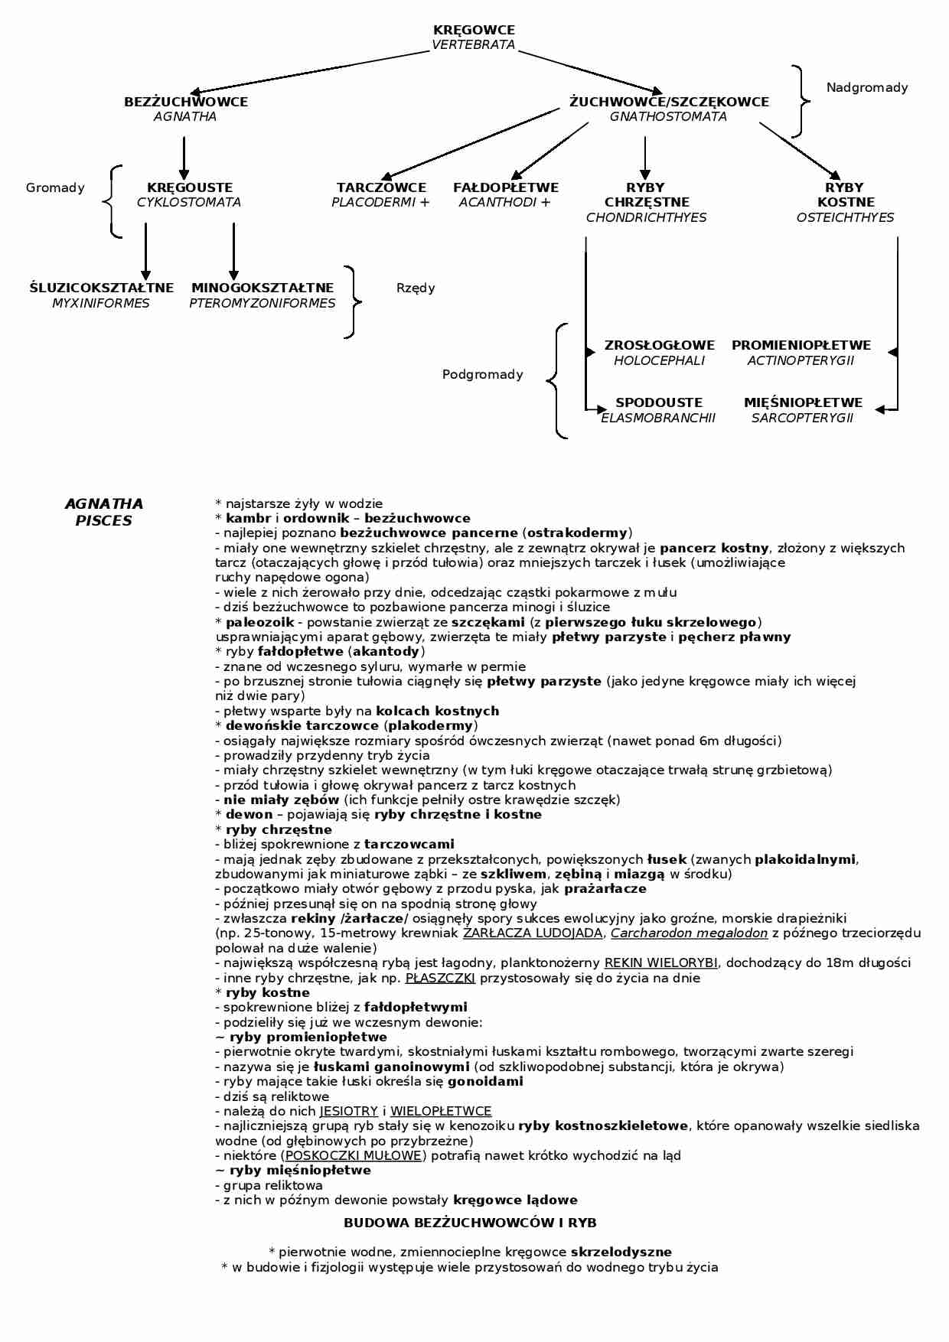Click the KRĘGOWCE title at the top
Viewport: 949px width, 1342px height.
coord(474,30)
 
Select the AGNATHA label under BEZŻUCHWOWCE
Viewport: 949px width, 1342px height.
coord(185,117)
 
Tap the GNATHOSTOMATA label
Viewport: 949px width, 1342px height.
coord(668,117)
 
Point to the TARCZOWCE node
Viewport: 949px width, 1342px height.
coord(381,187)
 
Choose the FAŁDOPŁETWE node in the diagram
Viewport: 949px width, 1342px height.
coord(506,187)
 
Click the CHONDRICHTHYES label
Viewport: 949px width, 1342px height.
coord(646,218)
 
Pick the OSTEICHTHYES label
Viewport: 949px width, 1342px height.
coord(845,218)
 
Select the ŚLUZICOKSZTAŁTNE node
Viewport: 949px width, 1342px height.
coord(102,288)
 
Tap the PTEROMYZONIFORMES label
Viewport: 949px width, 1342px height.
coord(263,304)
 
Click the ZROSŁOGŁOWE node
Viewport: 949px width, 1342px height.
coord(659,346)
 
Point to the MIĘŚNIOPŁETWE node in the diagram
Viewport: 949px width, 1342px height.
coord(803,403)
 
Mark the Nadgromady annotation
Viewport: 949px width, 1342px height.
coord(867,88)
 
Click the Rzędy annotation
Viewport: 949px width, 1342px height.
coord(416,288)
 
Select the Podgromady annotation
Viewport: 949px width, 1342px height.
coord(483,375)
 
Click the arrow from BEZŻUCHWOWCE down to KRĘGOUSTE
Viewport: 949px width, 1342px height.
coord(184,157)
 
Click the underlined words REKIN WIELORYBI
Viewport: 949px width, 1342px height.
coord(660,963)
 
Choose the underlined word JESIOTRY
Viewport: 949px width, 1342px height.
coord(349,1112)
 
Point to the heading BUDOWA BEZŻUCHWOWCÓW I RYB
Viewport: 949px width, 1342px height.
coord(470,1223)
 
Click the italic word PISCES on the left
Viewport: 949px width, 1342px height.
coord(104,521)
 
